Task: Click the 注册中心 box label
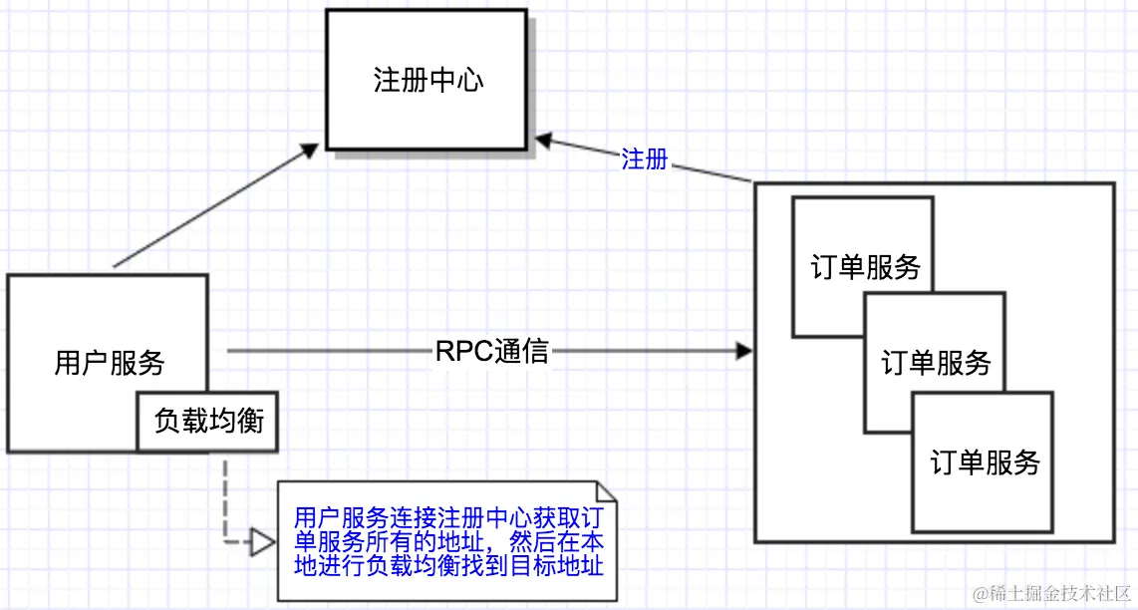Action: coord(428,80)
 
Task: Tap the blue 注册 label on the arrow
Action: coord(645,159)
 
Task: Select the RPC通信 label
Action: coord(491,352)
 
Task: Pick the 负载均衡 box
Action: coord(208,422)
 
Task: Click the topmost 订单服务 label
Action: coord(865,267)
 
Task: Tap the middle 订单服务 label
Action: coord(936,363)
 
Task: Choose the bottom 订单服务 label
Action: coord(985,461)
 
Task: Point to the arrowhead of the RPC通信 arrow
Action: coord(743,352)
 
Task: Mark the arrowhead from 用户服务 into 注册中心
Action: coord(310,151)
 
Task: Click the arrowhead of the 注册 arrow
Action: coord(544,141)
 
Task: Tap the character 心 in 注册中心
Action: coord(470,80)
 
